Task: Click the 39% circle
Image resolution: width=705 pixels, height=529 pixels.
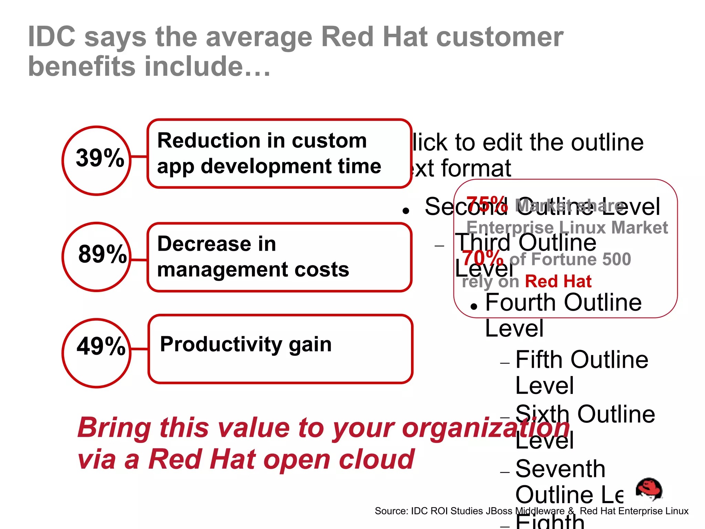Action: (97, 160)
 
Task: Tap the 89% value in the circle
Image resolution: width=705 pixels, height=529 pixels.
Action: (102, 254)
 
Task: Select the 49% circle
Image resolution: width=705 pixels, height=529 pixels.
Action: (97, 353)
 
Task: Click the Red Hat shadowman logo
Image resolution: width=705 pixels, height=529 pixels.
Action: (649, 489)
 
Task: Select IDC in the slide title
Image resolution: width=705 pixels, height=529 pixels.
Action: (52, 37)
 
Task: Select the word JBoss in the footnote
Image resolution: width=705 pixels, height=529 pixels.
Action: (499, 511)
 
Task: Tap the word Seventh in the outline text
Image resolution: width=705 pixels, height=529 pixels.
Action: (560, 469)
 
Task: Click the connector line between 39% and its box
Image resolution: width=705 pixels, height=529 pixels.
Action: (139, 157)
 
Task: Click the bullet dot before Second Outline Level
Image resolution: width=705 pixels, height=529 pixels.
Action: (406, 211)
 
